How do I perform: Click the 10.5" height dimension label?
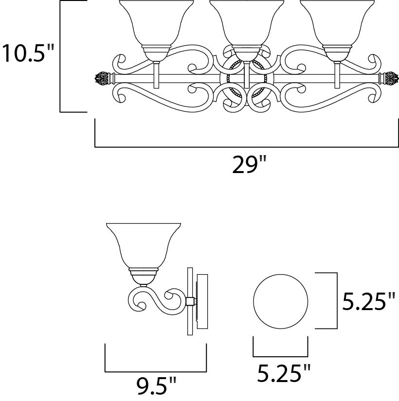tap(28, 53)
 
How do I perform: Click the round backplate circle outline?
tap(281, 275)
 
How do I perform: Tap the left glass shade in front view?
tap(157, 23)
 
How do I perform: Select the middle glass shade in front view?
tap(247, 23)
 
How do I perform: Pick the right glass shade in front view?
tap(337, 23)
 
